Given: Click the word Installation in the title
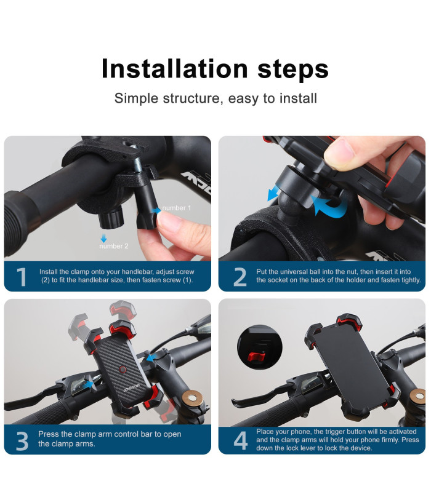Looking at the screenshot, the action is tap(175, 68).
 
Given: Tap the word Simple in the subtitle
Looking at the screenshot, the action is tap(136, 98).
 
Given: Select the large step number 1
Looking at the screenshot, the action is tap(22, 277).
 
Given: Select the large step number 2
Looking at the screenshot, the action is tap(240, 277).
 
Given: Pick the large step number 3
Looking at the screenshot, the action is tap(22, 441).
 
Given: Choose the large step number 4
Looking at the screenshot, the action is tap(241, 440).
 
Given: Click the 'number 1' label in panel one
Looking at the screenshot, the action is tap(177, 208).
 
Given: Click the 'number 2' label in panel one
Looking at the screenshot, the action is tap(114, 246).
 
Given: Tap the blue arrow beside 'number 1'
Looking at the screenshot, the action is tap(156, 210).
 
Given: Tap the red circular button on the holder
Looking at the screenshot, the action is tap(123, 370).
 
